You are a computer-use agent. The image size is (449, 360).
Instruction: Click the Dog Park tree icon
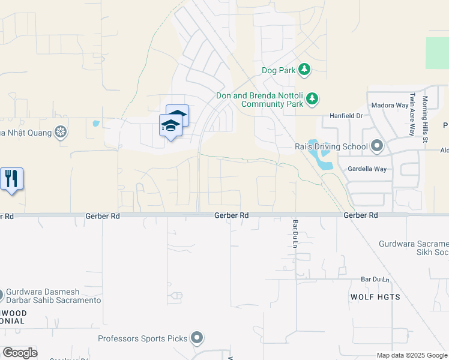(305, 70)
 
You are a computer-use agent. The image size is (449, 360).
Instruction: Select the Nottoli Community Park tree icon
(312, 98)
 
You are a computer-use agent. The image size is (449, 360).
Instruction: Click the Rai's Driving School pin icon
(377, 146)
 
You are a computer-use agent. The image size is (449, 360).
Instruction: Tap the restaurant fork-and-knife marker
(11, 179)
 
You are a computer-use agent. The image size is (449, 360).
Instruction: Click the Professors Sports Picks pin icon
(197, 338)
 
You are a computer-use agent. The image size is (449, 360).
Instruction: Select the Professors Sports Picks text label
(143, 339)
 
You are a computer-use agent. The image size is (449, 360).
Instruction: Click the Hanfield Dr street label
(346, 116)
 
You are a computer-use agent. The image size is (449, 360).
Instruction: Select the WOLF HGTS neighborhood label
(375, 297)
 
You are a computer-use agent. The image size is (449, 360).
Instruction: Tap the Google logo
(20, 353)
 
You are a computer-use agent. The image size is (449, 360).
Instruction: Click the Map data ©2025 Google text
(411, 355)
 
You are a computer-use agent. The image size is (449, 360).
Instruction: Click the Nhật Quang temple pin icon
(61, 131)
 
